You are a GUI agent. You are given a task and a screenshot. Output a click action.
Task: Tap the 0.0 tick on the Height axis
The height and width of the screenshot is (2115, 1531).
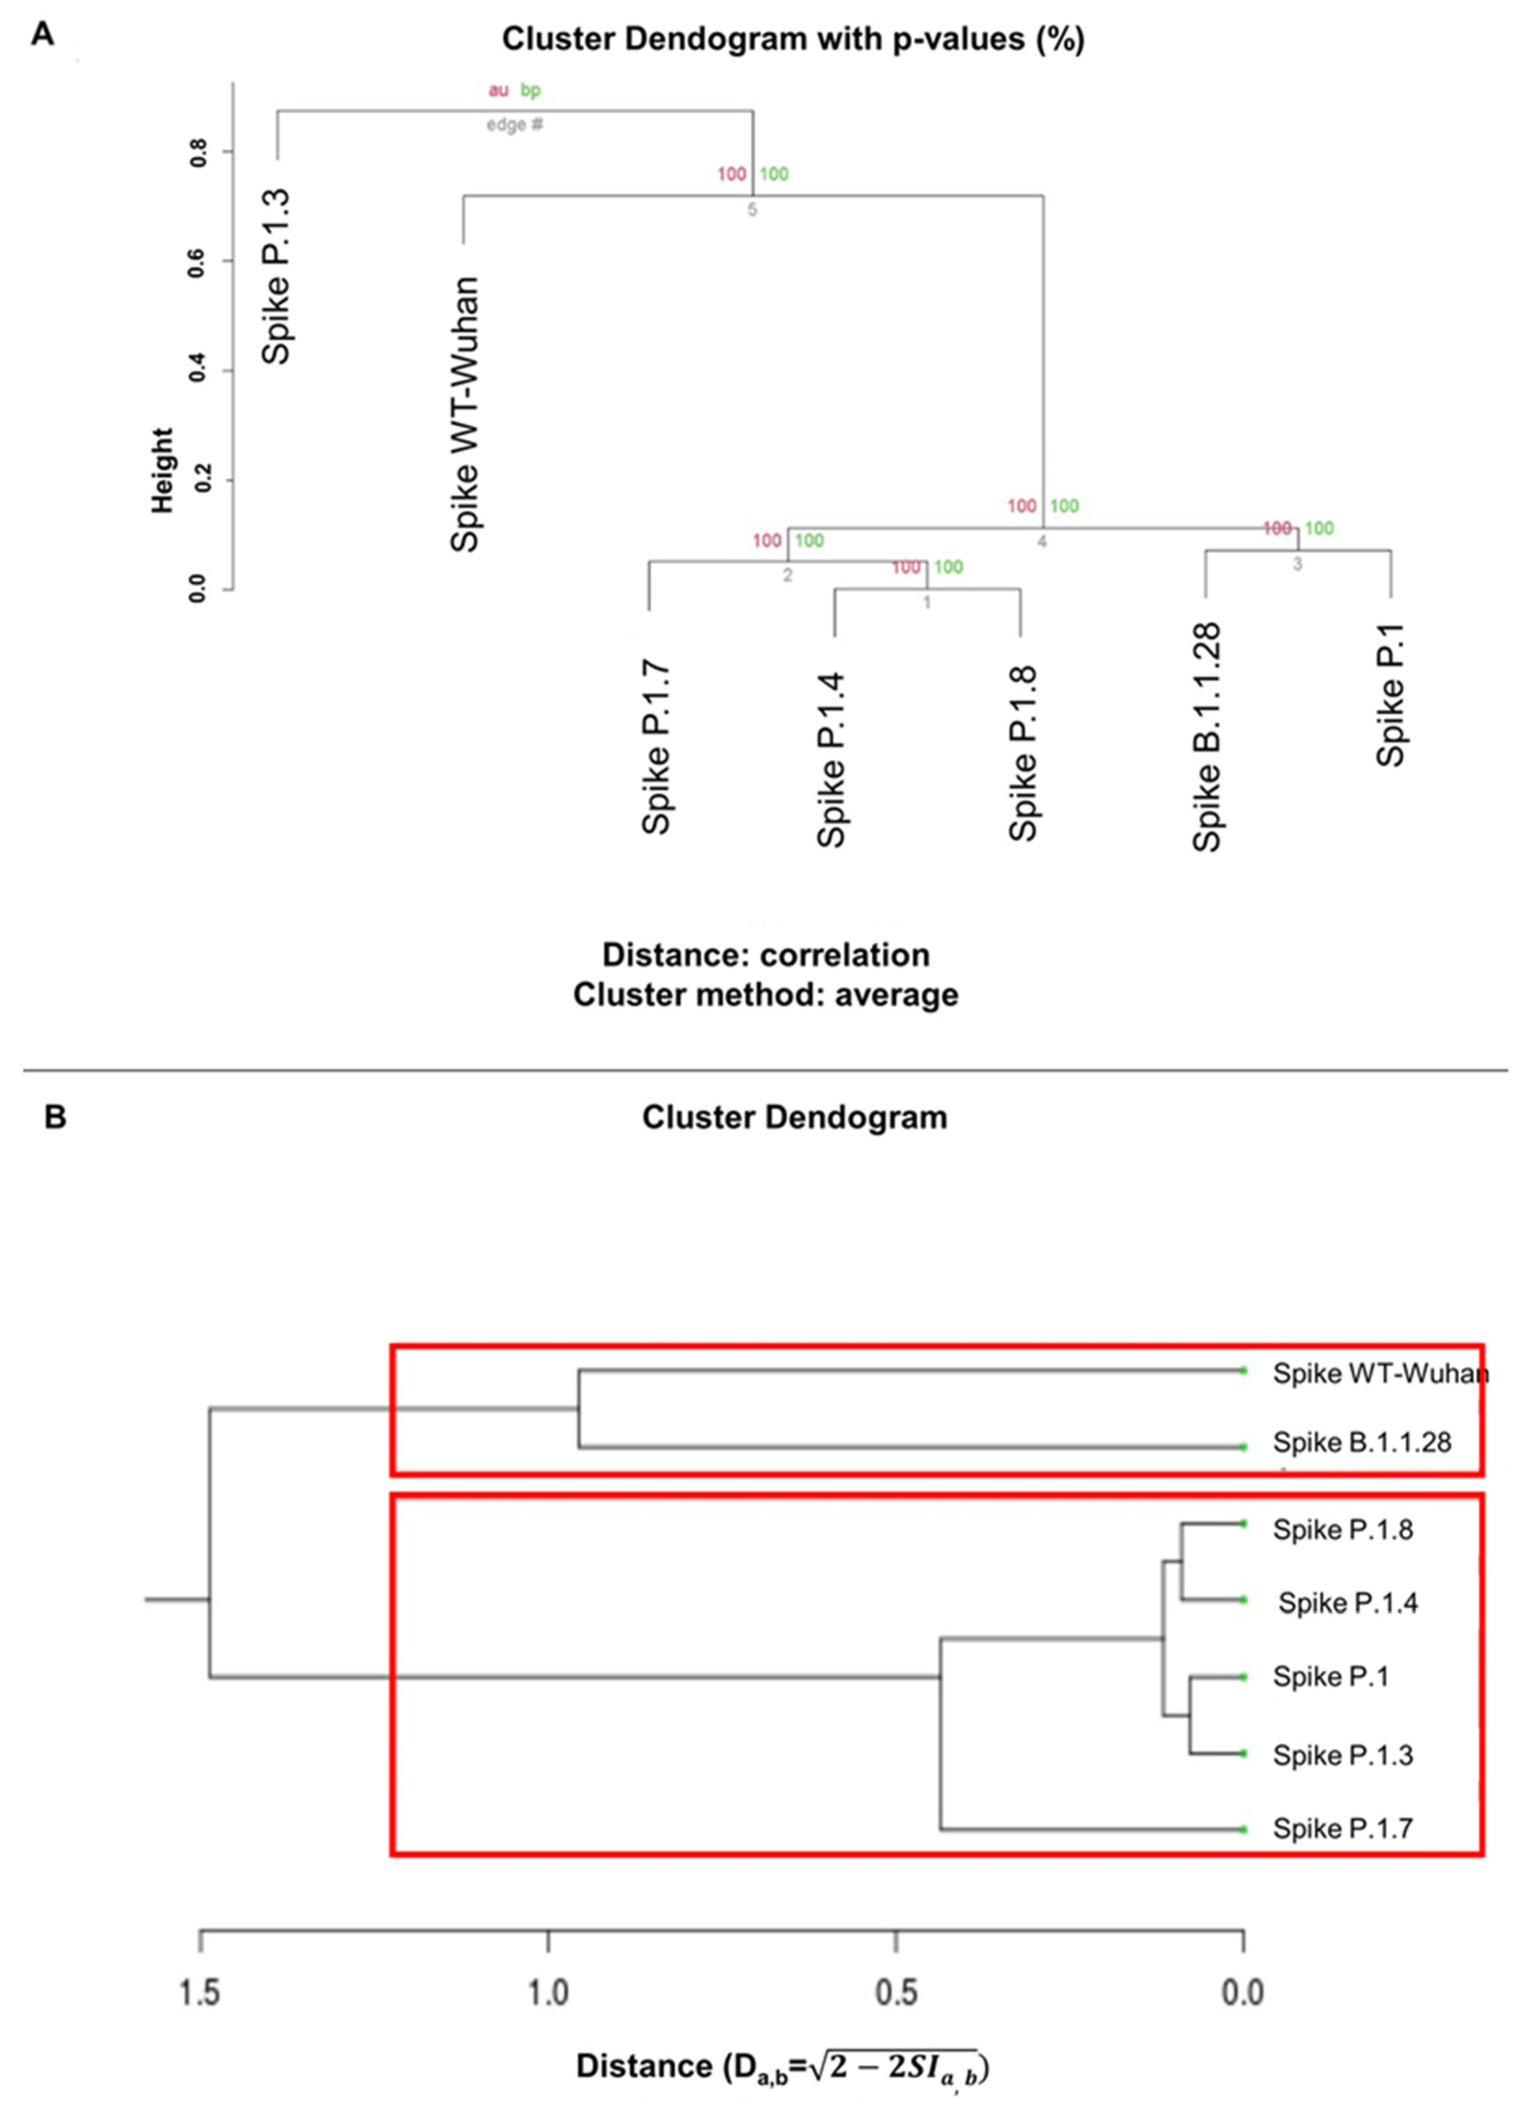197,589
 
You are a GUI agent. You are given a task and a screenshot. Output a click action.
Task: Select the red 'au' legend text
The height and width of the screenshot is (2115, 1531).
499,91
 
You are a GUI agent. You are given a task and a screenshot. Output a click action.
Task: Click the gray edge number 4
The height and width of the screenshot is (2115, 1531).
1042,541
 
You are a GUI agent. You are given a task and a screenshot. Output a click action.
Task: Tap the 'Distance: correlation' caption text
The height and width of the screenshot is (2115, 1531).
765,954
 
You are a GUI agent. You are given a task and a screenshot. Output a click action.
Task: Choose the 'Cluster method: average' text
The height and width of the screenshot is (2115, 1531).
765,994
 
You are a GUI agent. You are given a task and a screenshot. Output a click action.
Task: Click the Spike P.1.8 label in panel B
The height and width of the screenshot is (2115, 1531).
1343,1529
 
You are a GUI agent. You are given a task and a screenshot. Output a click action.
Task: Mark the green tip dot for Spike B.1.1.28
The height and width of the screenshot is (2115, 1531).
1243,1447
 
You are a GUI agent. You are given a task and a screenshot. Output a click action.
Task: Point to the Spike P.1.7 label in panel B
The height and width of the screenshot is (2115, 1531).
1343,1829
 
